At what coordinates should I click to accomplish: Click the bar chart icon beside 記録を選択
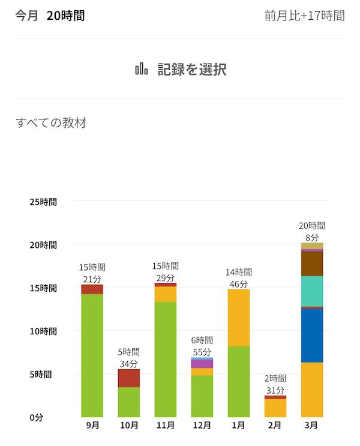tap(142, 69)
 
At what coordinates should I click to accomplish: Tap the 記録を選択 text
tap(191, 69)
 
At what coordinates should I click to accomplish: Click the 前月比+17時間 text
tap(304, 16)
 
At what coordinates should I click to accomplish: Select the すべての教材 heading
tap(51, 123)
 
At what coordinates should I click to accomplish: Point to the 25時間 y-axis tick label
tap(43, 202)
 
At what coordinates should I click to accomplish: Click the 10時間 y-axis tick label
tap(43, 331)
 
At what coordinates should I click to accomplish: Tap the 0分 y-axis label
tap(37, 417)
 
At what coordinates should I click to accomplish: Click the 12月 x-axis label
tap(202, 426)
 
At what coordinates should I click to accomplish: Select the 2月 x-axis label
tap(275, 426)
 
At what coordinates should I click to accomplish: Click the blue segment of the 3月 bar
tap(312, 335)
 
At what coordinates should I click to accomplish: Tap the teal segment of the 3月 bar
tap(312, 291)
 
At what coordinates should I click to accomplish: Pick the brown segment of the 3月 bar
tap(312, 264)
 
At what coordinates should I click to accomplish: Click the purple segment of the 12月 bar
tap(202, 364)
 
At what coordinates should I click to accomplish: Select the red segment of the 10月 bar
tap(128, 378)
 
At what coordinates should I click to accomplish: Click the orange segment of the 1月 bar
tap(238, 318)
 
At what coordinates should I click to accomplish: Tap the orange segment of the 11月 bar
tap(165, 294)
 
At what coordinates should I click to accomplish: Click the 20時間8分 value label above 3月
tap(312, 232)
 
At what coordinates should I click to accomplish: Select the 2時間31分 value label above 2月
tap(275, 384)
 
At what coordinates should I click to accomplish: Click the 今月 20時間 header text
tap(50, 16)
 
